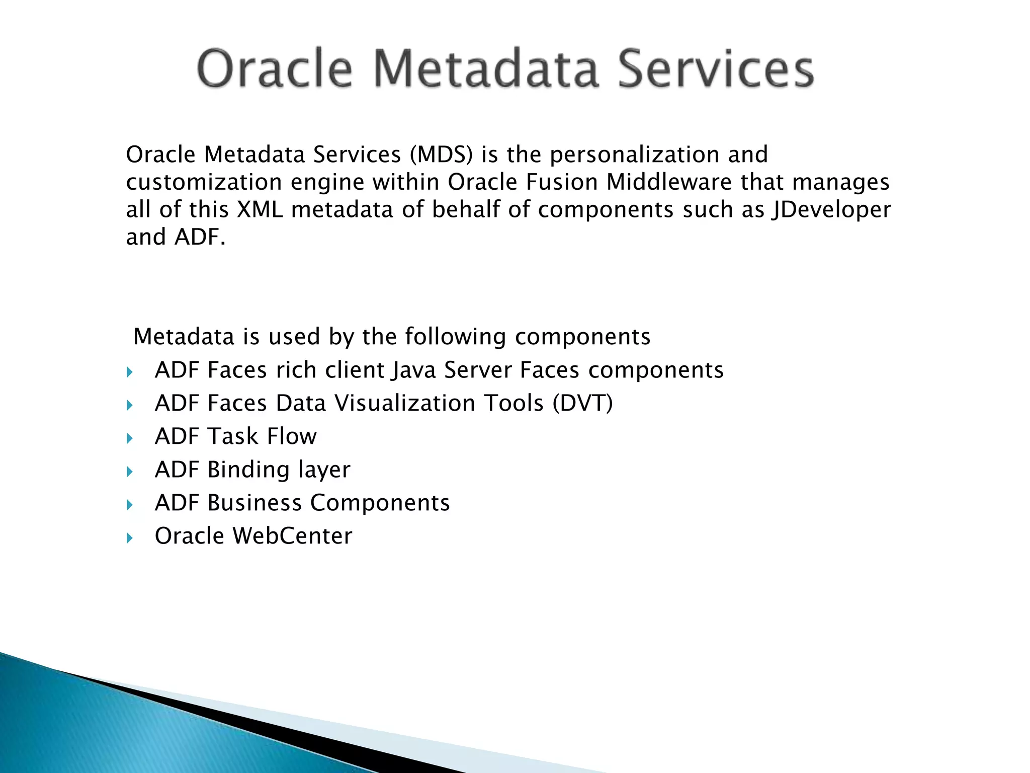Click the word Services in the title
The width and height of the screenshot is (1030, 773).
[x=715, y=69]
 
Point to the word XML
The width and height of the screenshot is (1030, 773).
[x=260, y=210]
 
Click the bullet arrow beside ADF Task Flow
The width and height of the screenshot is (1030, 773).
[x=130, y=438]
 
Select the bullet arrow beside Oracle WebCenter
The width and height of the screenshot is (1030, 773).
[x=130, y=538]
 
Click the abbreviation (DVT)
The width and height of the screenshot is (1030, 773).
[x=582, y=404]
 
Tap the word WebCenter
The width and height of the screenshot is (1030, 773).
[x=292, y=536]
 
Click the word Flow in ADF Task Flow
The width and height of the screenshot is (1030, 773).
[x=292, y=436]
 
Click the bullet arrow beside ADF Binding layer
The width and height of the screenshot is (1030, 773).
[x=130, y=472]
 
